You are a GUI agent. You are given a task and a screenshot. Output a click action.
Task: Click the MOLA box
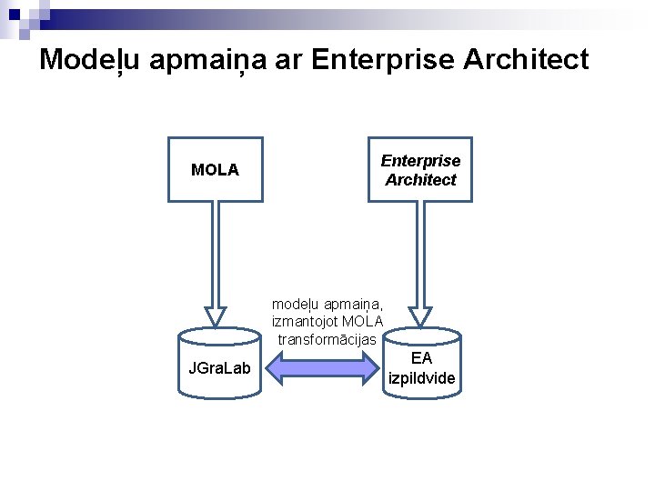point(215,169)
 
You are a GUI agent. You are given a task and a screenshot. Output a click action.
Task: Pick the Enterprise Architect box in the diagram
point(419,169)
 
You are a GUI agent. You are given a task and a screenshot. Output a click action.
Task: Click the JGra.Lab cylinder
point(218,364)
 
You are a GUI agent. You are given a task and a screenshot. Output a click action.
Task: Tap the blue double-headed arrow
point(324,368)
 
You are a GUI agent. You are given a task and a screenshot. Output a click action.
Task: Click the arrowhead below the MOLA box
point(215,316)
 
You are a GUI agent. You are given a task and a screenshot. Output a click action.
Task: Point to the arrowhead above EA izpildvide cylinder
point(420,316)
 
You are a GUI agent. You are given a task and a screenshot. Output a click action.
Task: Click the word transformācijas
point(327,339)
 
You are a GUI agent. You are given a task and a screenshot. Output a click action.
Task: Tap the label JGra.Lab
point(218,368)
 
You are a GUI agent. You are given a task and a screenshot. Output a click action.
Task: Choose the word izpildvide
point(421,377)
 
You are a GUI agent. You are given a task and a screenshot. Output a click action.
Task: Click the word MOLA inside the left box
point(215,170)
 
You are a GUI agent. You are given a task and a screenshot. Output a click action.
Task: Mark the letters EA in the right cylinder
point(421,358)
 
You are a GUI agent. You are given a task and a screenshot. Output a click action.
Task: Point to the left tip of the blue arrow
point(266,368)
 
